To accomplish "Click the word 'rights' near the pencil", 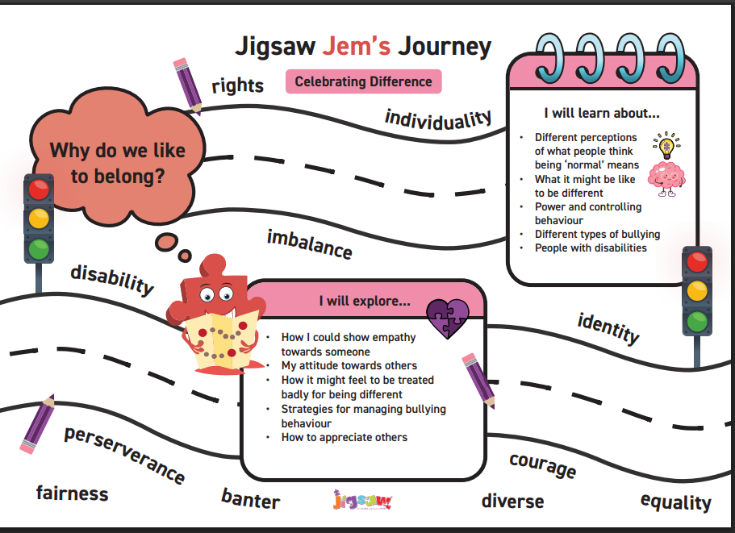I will tap(237, 85).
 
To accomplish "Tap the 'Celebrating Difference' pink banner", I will tap(363, 81).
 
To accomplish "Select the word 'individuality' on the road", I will tap(438, 119).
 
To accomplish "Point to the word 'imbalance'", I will tap(309, 244).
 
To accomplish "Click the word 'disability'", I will tap(112, 279).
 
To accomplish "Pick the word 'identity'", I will tap(608, 328).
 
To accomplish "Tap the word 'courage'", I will tap(542, 464).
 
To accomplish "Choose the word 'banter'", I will tap(250, 499).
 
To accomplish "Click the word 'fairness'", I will tap(72, 493).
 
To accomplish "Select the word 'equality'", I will tap(675, 502).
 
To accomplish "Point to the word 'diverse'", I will tap(512, 501).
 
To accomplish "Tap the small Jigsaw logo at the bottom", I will tap(361, 501).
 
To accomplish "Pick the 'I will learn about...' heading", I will tap(602, 113).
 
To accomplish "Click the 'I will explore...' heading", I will tap(364, 302).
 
